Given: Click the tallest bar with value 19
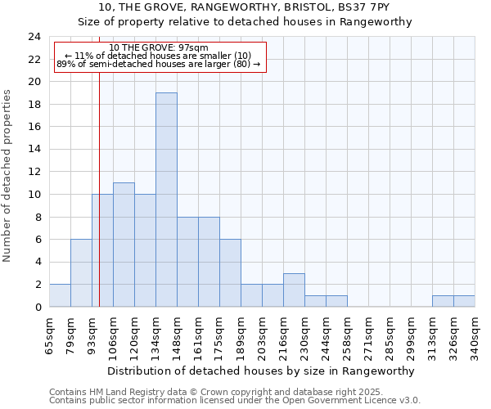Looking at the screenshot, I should [x=166, y=200].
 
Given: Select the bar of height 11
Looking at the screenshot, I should [x=124, y=245].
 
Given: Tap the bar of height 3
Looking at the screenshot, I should [x=294, y=290].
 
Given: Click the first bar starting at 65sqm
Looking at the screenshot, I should [x=60, y=295].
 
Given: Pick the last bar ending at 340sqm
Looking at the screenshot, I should [x=464, y=301].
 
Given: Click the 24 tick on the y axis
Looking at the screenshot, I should [x=34, y=37].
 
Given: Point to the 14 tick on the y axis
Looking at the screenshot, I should [x=34, y=150].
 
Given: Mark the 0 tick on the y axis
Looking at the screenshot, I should [x=38, y=307].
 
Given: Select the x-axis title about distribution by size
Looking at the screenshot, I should [x=261, y=371].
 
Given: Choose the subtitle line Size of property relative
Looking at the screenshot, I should [x=245, y=22].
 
